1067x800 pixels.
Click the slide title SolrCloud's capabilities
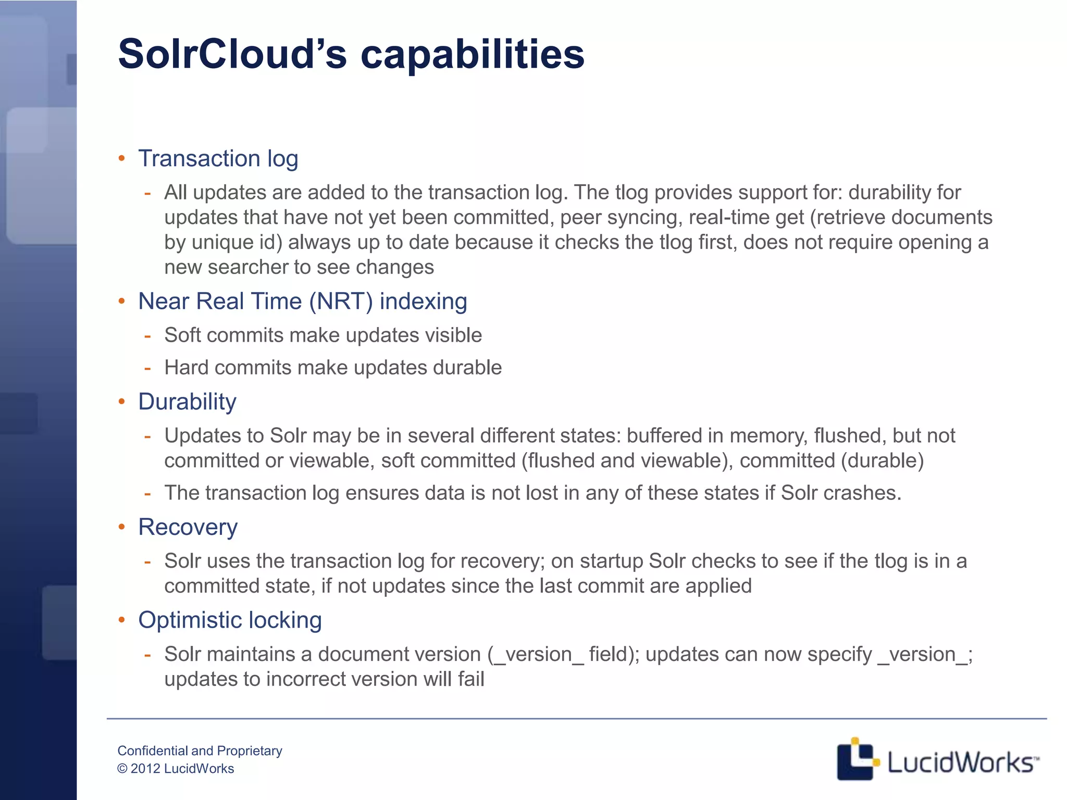[x=351, y=54]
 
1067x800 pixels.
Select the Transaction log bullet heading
[x=218, y=158]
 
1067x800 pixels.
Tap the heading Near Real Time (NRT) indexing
[x=302, y=301]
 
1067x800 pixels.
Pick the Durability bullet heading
[x=187, y=402]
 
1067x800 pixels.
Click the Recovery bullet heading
[x=188, y=527]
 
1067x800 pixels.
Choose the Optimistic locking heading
[x=230, y=620]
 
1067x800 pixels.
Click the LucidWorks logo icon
[x=857, y=759]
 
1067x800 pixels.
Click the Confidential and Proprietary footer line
[x=200, y=751]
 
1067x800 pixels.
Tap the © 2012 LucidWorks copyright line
[x=176, y=769]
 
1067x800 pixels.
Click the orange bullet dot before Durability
[x=122, y=402]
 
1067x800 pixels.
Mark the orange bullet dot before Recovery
[x=122, y=527]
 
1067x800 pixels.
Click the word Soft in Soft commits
[x=182, y=335]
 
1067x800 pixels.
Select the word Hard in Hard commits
[x=186, y=367]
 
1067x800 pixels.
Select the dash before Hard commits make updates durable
[x=147, y=368]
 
